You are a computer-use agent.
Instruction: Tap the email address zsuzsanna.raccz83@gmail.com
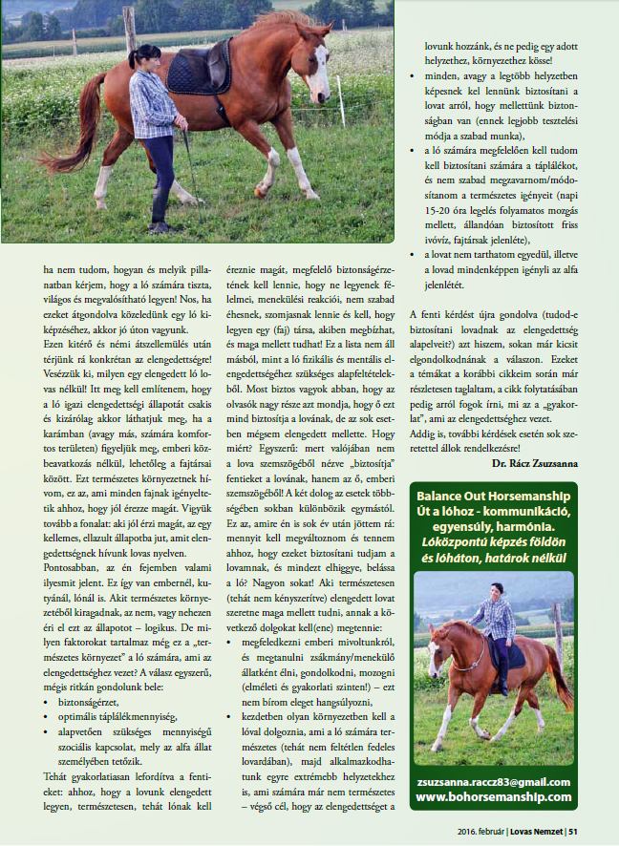click(x=494, y=781)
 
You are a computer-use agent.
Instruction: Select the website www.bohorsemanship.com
click(x=494, y=795)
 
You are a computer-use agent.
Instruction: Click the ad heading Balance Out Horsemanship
click(x=494, y=497)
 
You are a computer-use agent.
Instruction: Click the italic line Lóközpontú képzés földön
click(x=494, y=542)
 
